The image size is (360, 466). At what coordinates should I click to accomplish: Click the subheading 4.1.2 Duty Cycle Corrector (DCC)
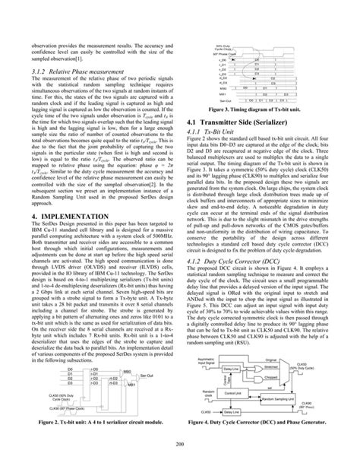click(239, 283)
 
